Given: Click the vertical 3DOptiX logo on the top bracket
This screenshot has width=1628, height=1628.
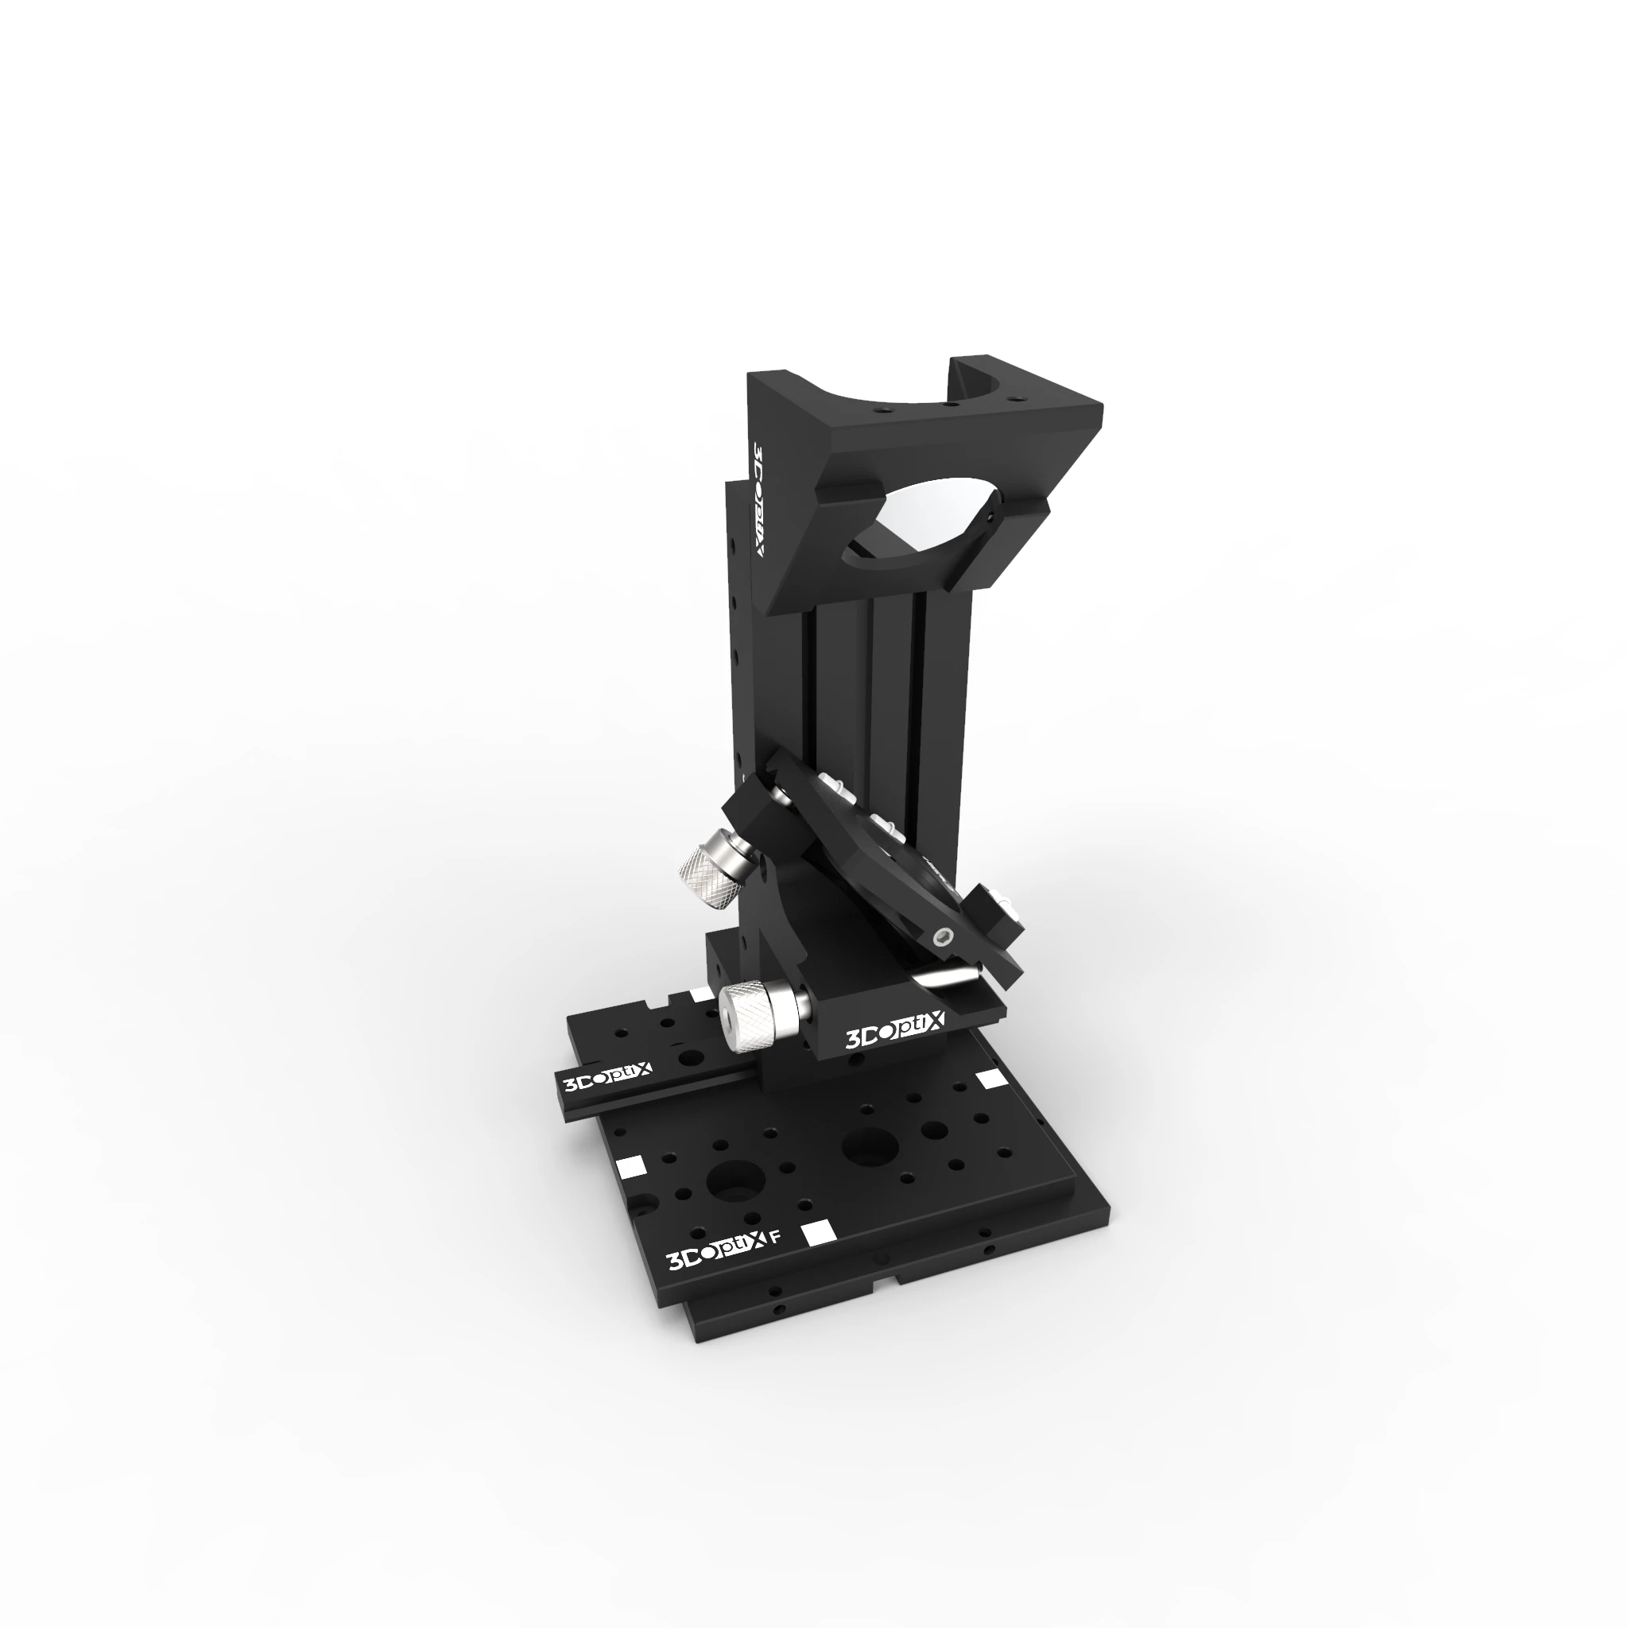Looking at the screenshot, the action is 758,501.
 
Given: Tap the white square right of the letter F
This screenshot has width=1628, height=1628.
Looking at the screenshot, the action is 817,1233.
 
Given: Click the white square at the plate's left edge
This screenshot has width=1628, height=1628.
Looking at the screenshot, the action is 631,1165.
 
